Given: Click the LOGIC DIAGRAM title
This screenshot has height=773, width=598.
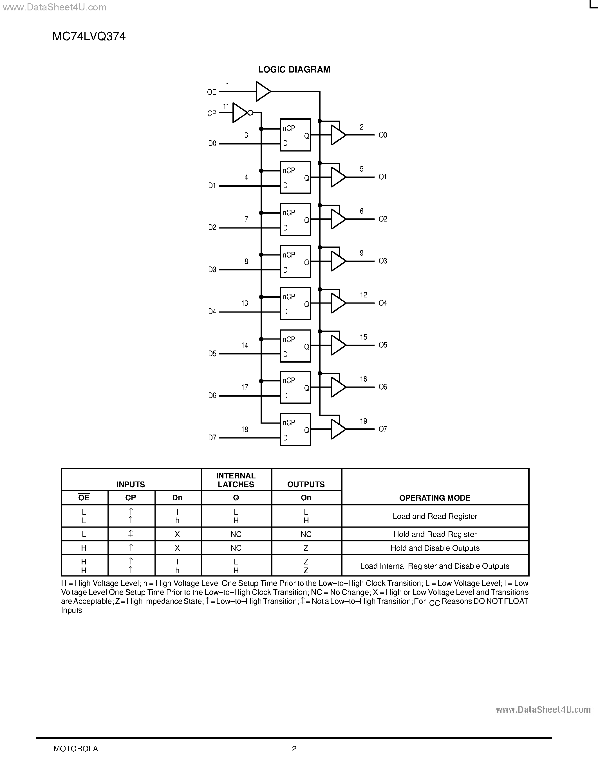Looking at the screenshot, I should (x=294, y=70).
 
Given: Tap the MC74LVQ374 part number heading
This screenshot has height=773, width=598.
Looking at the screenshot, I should (x=89, y=37).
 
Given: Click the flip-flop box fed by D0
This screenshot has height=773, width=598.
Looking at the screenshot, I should (x=295, y=135).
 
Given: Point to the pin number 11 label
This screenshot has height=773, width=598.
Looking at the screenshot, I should (x=226, y=107).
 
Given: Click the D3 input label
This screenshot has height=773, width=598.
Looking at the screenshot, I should (x=212, y=270).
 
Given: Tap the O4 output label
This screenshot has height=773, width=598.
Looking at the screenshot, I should (x=383, y=303).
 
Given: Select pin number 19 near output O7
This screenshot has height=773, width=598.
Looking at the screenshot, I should (x=364, y=421).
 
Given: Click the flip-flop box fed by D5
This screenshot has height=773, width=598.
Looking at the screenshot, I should (x=295, y=346).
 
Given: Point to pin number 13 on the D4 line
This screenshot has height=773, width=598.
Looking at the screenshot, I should (x=245, y=303).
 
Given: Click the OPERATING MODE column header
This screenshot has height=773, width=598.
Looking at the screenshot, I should (x=435, y=498).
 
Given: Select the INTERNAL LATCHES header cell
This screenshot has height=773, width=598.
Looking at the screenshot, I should (x=236, y=480).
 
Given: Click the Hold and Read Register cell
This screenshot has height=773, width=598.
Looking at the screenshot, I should (x=435, y=534).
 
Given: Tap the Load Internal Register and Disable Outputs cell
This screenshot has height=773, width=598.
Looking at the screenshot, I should (x=435, y=566).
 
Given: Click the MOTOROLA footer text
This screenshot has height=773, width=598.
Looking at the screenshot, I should (x=76, y=749).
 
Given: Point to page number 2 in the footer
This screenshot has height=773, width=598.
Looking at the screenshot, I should (x=294, y=749).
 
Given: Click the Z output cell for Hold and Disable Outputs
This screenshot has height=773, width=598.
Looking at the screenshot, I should (x=306, y=548).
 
